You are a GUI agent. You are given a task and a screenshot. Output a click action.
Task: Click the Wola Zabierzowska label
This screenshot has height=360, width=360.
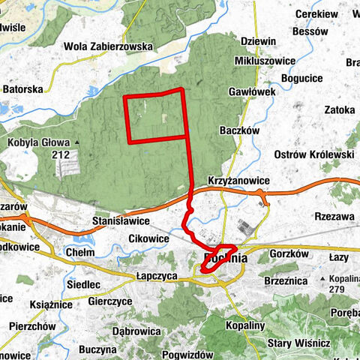coord(109,46)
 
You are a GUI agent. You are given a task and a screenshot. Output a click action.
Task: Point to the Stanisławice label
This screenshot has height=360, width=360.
coord(120,222)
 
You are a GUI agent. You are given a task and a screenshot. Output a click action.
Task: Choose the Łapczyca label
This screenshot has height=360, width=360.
coord(156,275)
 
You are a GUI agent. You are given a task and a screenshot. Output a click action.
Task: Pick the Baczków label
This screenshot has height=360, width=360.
coord(240,130)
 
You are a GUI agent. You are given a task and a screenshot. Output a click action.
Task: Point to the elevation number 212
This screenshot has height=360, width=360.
coord(61,154)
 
